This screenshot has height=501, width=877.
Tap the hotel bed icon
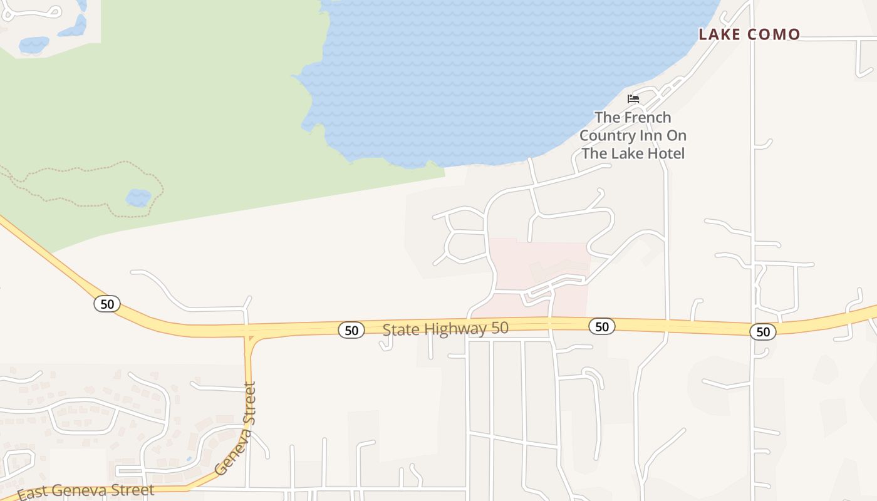point(633,99)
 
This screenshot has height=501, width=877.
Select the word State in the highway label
point(400,329)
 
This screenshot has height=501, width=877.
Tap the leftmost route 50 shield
point(107,304)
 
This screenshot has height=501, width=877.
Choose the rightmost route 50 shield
point(763,332)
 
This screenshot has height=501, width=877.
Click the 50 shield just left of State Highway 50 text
point(351,330)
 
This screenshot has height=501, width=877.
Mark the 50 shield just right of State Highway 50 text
point(601,326)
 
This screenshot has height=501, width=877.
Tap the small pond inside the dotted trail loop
point(138,198)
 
